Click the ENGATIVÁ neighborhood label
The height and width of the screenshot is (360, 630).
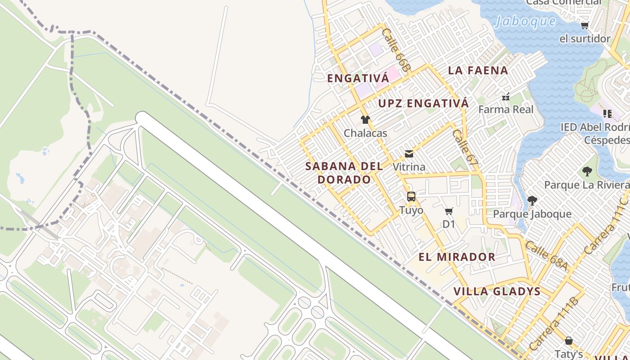coord(358,78)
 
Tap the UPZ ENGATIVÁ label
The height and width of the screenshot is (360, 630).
coord(423,103)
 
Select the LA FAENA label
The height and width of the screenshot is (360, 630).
coord(478,70)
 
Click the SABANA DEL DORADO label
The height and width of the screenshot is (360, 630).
coord(344,173)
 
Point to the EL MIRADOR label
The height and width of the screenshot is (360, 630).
coord(457,257)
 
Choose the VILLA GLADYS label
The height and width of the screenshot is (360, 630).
coord(497,291)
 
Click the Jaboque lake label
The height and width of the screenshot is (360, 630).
coord(525,21)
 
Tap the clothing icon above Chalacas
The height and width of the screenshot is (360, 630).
coord(365,120)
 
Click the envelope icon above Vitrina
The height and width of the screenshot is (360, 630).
coord(409,154)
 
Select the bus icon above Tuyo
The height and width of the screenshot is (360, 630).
coord(411,197)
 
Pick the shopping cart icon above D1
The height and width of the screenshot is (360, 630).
coord(449,211)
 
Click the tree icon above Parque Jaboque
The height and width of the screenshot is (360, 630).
coord(532,201)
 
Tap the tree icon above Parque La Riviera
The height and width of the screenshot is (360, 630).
coord(587,171)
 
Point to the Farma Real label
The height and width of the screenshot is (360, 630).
coord(506,109)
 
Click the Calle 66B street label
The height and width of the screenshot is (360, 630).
coord(396,49)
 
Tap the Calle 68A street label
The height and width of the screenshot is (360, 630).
coord(546,256)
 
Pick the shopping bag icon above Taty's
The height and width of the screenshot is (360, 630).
coord(569,341)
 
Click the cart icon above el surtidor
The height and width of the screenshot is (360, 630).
coord(585,26)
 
